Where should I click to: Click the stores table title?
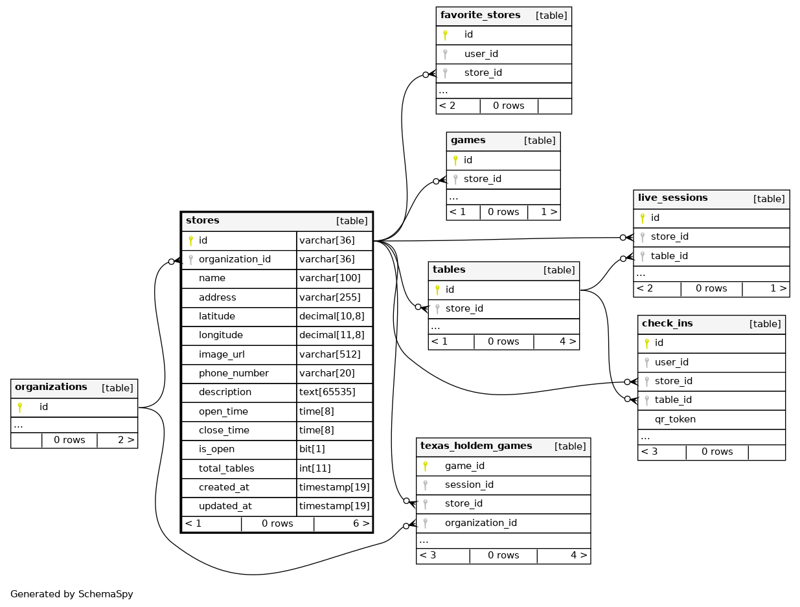pyautogui.click(x=203, y=221)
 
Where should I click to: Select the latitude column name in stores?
pyautogui.click(x=216, y=316)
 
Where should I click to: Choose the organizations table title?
pyautogui.click(x=51, y=387)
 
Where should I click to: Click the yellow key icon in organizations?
pyautogui.click(x=20, y=407)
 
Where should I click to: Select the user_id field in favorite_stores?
pyautogui.click(x=481, y=54)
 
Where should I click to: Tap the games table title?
pyautogui.click(x=468, y=141)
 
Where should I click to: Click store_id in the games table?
pyautogui.click(x=482, y=179)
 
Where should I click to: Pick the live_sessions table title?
pyautogui.click(x=672, y=198)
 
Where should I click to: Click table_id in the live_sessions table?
pyautogui.click(x=669, y=256)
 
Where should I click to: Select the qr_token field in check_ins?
pyautogui.click(x=675, y=419)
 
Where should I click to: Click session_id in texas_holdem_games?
pyautogui.click(x=469, y=485)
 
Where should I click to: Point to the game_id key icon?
pyautogui.click(x=426, y=466)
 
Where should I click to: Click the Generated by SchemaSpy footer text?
pyautogui.click(x=72, y=594)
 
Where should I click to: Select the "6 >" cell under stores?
pyautogui.click(x=361, y=523)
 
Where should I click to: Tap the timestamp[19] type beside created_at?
pyautogui.click(x=334, y=487)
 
